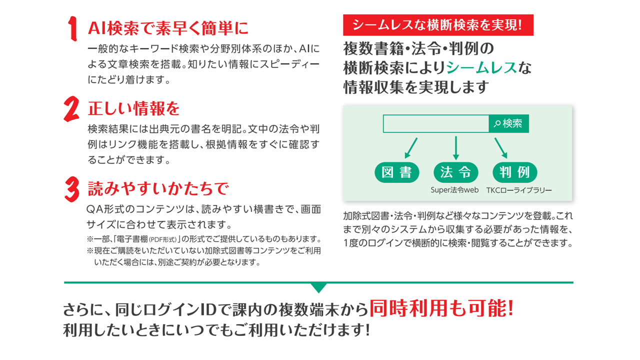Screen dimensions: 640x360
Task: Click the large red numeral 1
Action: [73, 28]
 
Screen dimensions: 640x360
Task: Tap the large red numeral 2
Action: [71, 109]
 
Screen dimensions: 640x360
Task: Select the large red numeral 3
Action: [71, 189]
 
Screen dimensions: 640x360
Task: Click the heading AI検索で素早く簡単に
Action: [168, 28]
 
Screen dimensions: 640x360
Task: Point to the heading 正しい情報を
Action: [133, 108]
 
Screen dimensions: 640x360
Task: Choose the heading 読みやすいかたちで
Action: [158, 189]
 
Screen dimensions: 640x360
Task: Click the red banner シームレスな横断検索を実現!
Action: [438, 25]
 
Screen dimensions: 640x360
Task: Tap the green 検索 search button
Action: [508, 123]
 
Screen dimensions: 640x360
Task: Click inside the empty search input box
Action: [435, 123]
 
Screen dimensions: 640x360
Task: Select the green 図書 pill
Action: [397, 172]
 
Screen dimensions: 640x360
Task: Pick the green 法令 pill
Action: [455, 172]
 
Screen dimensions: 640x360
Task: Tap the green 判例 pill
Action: [515, 172]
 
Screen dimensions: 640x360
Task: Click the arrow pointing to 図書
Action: [411, 148]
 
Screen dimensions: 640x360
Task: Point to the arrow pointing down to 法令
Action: [456, 148]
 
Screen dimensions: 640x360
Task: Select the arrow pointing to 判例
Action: [501, 148]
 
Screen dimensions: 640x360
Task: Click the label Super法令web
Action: [454, 190]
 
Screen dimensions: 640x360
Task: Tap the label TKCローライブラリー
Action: [519, 190]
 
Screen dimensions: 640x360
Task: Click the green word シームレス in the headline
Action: [481, 67]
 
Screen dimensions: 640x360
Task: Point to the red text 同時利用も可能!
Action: [441, 308]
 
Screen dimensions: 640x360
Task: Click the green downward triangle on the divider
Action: [318, 287]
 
